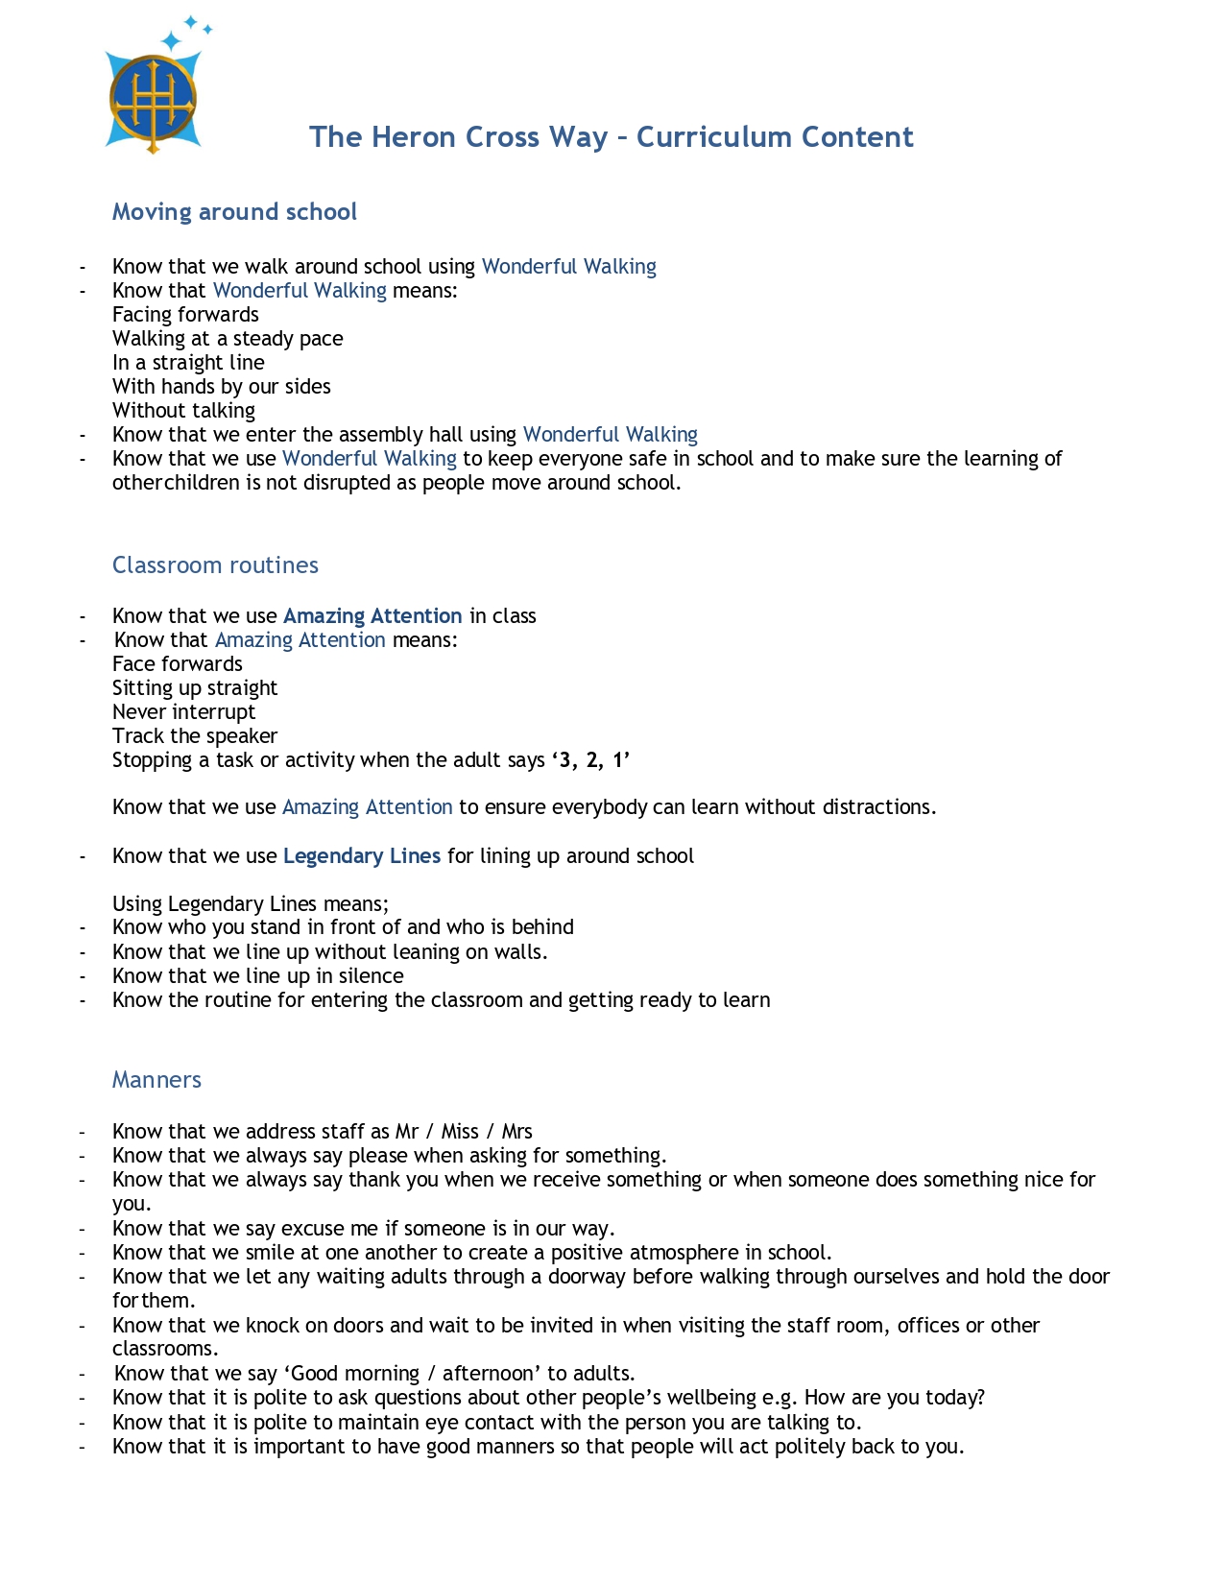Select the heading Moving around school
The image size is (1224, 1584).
tap(234, 212)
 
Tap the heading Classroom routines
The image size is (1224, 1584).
tap(215, 565)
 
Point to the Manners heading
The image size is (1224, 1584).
tap(156, 1080)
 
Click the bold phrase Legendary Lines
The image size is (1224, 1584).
tap(362, 856)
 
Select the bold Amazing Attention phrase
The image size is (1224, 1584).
tap(372, 616)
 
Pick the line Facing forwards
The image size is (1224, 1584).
tap(185, 315)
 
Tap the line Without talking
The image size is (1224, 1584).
tap(183, 411)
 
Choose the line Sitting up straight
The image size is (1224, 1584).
tap(195, 688)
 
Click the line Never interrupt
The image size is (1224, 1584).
tap(183, 712)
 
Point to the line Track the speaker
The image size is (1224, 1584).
tap(195, 736)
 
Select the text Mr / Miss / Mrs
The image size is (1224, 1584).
tap(464, 1132)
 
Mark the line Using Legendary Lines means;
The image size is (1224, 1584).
tap(251, 904)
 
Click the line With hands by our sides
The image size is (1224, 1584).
tap(222, 387)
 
